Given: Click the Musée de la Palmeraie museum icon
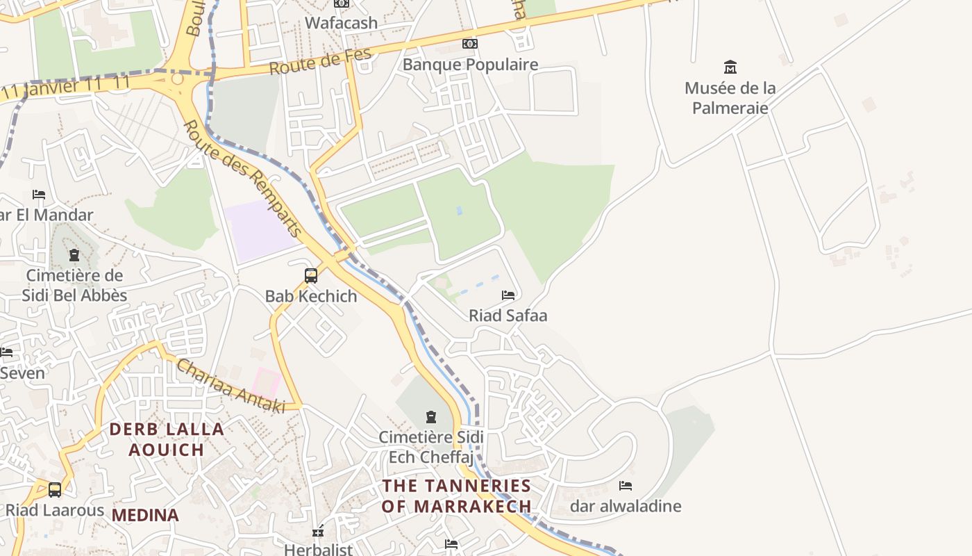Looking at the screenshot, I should tap(730, 67).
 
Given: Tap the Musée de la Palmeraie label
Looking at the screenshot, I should tap(730, 98).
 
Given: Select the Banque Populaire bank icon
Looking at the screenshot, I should tap(470, 44).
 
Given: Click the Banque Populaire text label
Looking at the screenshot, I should tap(470, 65).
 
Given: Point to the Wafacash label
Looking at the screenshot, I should tap(341, 22).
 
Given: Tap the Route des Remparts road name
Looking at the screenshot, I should tap(244, 179).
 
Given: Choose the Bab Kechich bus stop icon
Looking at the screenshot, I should tap(311, 276).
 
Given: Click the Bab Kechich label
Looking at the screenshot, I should tap(311, 296).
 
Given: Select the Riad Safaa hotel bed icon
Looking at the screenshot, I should tap(508, 295).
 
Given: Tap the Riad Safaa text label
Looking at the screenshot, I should tap(508, 316).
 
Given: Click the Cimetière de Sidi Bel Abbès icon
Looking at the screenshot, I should tap(74, 255).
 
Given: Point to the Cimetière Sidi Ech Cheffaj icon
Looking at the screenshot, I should tap(431, 417).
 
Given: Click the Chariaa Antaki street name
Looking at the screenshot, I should tap(231, 386).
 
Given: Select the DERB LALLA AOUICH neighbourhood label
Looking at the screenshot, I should tap(167, 439).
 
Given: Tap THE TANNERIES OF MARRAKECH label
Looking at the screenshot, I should tap(457, 496).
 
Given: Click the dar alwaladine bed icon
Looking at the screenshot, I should tap(626, 486).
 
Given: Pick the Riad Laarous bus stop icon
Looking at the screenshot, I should tap(55, 490).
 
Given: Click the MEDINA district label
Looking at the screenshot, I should tap(145, 515).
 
